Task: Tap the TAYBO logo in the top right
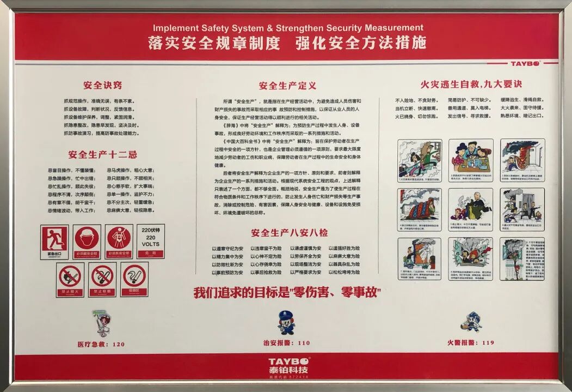(x=524, y=63)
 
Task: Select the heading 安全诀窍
(x=102, y=85)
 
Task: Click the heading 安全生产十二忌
(x=102, y=154)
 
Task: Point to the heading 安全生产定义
(x=287, y=86)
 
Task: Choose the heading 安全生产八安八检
(x=289, y=233)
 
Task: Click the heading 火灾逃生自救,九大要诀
(x=471, y=84)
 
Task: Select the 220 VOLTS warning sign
(x=151, y=241)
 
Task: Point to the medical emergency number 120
(x=101, y=344)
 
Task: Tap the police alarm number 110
(x=287, y=343)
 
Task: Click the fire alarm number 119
(x=471, y=342)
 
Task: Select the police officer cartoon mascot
(x=286, y=322)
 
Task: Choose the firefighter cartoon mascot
(x=471, y=322)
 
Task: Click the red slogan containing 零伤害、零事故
(x=287, y=293)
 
